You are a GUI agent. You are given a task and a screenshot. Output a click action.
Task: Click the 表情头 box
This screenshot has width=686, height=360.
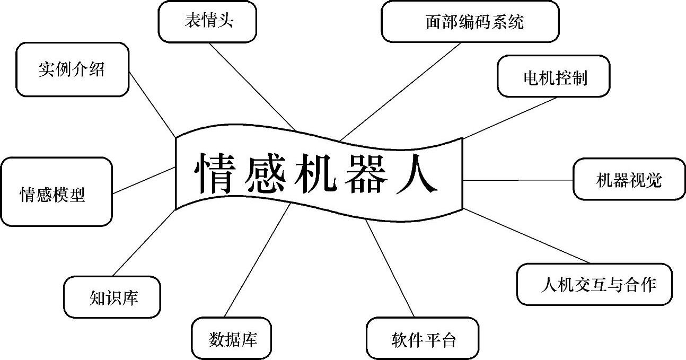point(207,21)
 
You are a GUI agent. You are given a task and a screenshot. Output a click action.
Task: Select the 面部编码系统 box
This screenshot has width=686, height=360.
point(470,22)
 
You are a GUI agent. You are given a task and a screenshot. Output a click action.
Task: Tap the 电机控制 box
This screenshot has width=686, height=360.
point(553,76)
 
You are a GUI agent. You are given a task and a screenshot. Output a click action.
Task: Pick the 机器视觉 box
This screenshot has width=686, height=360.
point(629,179)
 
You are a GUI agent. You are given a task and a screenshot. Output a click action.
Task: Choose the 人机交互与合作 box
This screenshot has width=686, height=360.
point(594,284)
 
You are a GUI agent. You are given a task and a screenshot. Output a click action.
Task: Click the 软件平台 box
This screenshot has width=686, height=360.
point(422,339)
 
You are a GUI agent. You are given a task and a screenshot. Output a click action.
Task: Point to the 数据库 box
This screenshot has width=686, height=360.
point(232,338)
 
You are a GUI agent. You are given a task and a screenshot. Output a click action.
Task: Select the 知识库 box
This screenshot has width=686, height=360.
point(112,297)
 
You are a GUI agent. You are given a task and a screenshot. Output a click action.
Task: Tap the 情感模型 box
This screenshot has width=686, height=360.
point(56,191)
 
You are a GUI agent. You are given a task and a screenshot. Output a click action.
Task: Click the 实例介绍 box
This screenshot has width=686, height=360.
point(72,69)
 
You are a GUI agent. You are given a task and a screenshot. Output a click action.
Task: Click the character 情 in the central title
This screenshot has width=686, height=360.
point(210,173)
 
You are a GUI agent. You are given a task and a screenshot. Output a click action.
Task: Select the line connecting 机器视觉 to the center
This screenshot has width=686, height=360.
point(518,180)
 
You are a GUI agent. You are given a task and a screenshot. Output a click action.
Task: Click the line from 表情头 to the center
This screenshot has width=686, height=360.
point(252,86)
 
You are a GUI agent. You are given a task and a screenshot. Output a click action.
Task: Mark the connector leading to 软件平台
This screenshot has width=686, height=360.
point(390,268)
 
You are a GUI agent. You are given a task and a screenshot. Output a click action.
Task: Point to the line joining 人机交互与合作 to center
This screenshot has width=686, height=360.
point(526,236)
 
